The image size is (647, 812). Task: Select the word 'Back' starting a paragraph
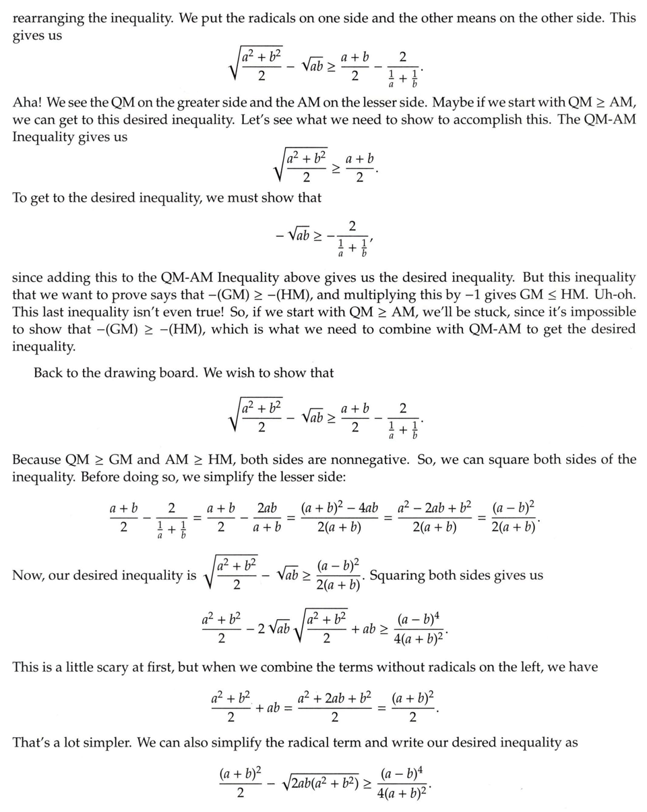(x=48, y=372)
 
